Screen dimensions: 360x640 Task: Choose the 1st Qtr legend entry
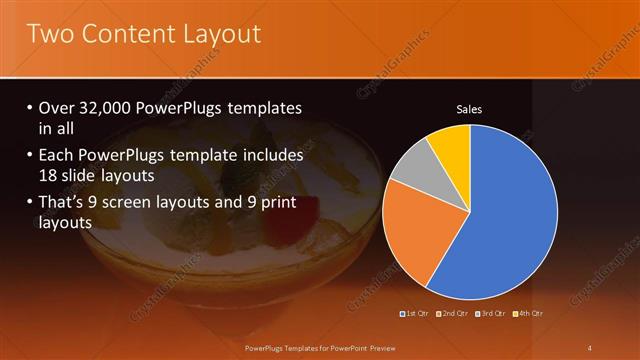point(415,315)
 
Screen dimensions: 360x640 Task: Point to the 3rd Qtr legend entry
point(490,315)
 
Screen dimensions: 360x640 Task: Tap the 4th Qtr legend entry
point(528,315)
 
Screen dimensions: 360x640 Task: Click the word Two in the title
point(51,34)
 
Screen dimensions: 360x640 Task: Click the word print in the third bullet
point(293,204)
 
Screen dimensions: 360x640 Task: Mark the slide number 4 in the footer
point(589,347)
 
